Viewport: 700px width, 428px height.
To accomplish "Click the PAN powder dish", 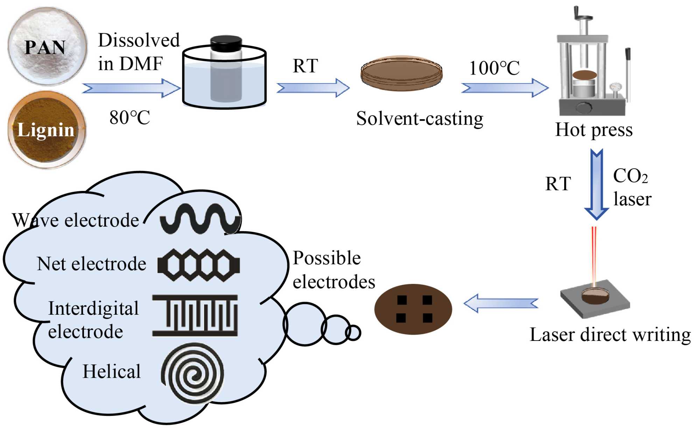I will [x=47, y=47].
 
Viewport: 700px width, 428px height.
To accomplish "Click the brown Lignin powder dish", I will [x=47, y=130].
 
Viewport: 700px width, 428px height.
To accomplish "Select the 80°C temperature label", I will [x=129, y=117].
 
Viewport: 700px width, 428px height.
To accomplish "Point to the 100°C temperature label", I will [x=494, y=68].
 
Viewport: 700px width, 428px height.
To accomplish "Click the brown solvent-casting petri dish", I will [x=401, y=73].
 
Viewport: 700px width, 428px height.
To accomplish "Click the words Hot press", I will [x=594, y=130].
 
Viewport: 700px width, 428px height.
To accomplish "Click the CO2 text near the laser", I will [x=630, y=176].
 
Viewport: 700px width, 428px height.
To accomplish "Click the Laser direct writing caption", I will [x=610, y=335].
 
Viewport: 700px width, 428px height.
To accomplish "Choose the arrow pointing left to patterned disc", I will [x=501, y=303].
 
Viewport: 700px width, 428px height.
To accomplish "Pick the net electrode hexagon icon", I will [x=198, y=265].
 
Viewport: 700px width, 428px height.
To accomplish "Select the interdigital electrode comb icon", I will [x=195, y=315].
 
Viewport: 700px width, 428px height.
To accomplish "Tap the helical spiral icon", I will [x=192, y=374].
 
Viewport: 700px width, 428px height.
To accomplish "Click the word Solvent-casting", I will [x=419, y=119].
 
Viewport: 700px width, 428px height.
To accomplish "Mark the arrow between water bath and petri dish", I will [x=313, y=87].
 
